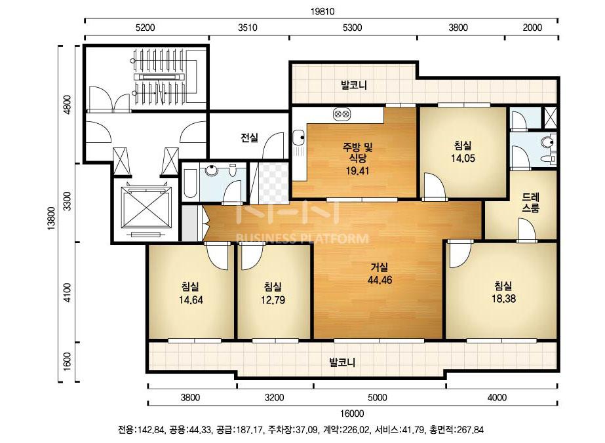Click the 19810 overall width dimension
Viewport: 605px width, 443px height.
(x=322, y=12)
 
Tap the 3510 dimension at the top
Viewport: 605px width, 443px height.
(x=247, y=28)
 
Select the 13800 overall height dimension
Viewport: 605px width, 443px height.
(x=52, y=218)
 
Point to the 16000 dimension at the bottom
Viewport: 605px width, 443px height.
(x=352, y=414)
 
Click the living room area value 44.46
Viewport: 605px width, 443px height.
(x=380, y=280)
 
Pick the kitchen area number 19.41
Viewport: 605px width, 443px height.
(x=357, y=171)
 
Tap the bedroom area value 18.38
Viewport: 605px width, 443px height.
(x=503, y=299)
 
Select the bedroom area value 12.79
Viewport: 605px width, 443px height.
(x=273, y=300)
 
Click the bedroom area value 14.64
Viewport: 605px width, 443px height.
(x=191, y=300)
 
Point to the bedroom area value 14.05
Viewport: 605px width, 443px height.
(x=463, y=158)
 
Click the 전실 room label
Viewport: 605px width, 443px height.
(x=249, y=138)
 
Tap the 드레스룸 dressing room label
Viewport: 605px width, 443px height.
(x=530, y=202)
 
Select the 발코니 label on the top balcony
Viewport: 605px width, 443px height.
(x=353, y=85)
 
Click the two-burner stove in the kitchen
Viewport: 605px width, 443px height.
(x=342, y=114)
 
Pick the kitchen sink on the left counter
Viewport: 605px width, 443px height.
(x=298, y=136)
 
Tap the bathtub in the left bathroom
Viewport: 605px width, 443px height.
(x=189, y=183)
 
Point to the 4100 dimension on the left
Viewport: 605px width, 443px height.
(x=68, y=292)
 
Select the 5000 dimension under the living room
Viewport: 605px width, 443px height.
(x=377, y=398)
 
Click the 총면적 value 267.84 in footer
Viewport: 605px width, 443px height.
(x=470, y=430)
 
